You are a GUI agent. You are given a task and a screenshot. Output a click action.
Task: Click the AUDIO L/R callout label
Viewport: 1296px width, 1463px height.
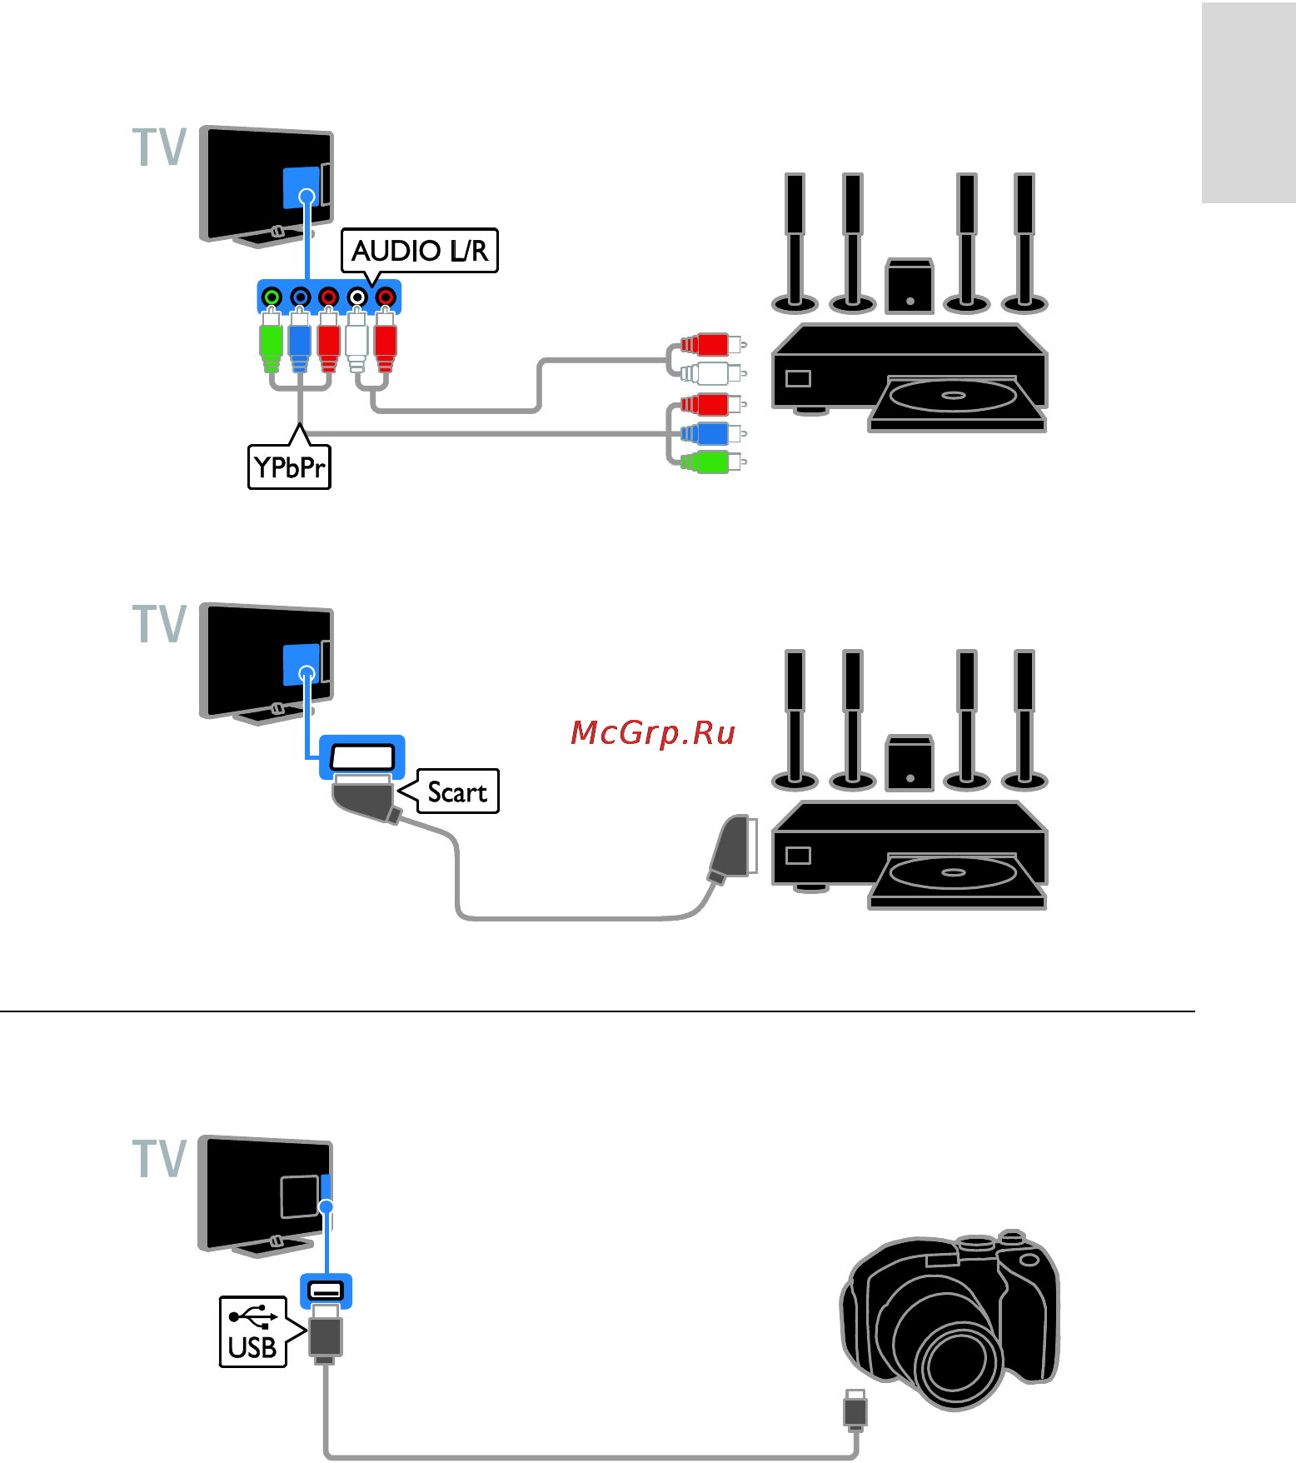pyautogui.click(x=420, y=251)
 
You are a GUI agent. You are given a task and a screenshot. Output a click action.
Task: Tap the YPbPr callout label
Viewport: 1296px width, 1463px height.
pyautogui.click(x=289, y=467)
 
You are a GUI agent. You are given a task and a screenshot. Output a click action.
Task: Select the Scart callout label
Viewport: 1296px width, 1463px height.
pyautogui.click(x=457, y=791)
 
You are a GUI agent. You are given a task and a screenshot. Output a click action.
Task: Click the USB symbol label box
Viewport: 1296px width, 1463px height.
pyautogui.click(x=252, y=1332)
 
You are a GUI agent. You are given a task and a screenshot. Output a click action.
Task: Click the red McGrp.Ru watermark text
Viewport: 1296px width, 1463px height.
pyautogui.click(x=653, y=732)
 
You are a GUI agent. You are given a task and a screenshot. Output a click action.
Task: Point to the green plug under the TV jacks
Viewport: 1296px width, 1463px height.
pyautogui.click(x=271, y=342)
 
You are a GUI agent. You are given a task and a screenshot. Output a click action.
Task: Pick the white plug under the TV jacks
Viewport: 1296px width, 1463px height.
pyautogui.click(x=356, y=342)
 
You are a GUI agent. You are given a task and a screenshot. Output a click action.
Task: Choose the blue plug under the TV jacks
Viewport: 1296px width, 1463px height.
pyautogui.click(x=299, y=342)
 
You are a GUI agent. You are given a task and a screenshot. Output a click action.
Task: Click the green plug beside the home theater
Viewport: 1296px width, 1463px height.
pyautogui.click(x=710, y=462)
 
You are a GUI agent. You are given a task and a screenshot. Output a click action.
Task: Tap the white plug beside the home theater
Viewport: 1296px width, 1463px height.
pyautogui.click(x=710, y=372)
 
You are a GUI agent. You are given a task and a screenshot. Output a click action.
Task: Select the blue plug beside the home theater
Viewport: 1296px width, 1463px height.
pyautogui.click(x=710, y=433)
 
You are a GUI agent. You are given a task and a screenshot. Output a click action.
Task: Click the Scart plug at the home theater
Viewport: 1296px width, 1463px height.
pyautogui.click(x=733, y=848)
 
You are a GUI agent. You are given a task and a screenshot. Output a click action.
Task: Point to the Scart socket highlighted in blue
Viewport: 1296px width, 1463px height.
pyautogui.click(x=362, y=756)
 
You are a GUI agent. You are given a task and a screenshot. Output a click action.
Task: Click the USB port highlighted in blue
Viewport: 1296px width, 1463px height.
pyautogui.click(x=326, y=1291)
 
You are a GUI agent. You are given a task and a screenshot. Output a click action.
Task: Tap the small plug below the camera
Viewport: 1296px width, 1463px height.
pyautogui.click(x=855, y=1410)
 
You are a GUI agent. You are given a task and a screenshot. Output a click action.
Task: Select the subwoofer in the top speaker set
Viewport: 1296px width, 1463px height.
pyautogui.click(x=910, y=286)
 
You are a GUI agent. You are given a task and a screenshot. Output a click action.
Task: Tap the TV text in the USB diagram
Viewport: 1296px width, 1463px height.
pyautogui.click(x=159, y=1159)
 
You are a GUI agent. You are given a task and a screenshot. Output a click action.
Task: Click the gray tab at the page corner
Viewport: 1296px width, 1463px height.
pyautogui.click(x=1248, y=102)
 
